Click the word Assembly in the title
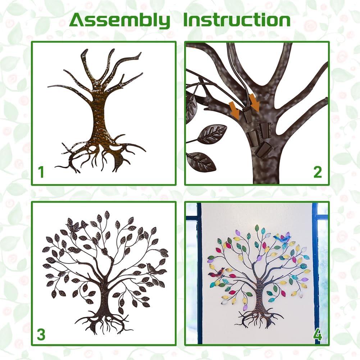point(120,20)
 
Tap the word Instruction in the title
point(237,20)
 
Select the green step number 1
point(41,172)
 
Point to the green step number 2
point(317,172)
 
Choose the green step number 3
point(41,334)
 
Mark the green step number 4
point(317,334)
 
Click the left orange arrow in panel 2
point(235,109)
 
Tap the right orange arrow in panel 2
point(256,102)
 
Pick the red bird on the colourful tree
point(218,272)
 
